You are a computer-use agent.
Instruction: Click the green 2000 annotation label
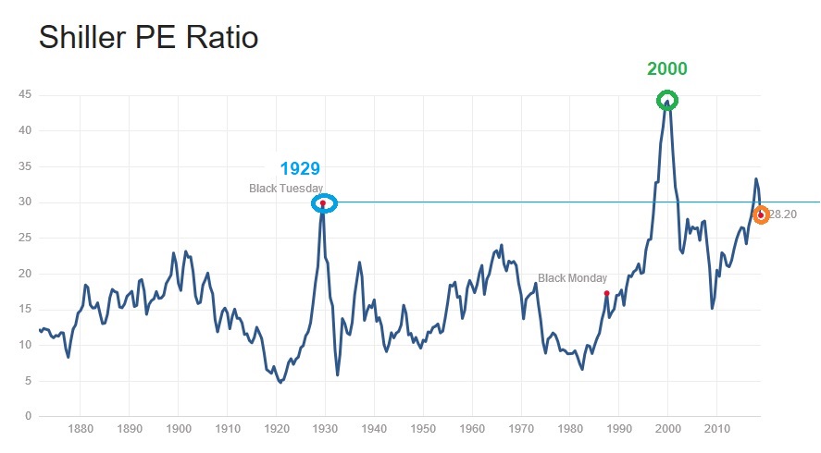[x=667, y=69]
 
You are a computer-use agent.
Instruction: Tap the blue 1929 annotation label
[x=300, y=168]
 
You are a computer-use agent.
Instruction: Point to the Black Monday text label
[x=572, y=278]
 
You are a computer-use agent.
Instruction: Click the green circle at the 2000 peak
[x=667, y=100]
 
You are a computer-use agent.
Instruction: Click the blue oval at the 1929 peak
[x=323, y=203]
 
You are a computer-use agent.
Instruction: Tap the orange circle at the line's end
[x=761, y=214]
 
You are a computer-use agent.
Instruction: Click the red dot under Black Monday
[x=606, y=293]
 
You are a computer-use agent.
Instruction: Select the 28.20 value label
[x=783, y=214]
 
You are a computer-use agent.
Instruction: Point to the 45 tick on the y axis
[x=25, y=94]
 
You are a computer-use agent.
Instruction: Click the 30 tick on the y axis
[x=25, y=202]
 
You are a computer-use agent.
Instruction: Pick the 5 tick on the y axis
[x=28, y=381]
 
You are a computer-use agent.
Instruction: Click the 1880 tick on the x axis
[x=81, y=431]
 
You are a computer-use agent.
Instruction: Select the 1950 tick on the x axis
[x=423, y=431]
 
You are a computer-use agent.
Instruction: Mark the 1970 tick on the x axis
[x=521, y=431]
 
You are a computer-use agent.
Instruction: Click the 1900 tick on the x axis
[x=179, y=431]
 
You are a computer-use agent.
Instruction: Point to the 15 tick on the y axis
[x=25, y=310]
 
